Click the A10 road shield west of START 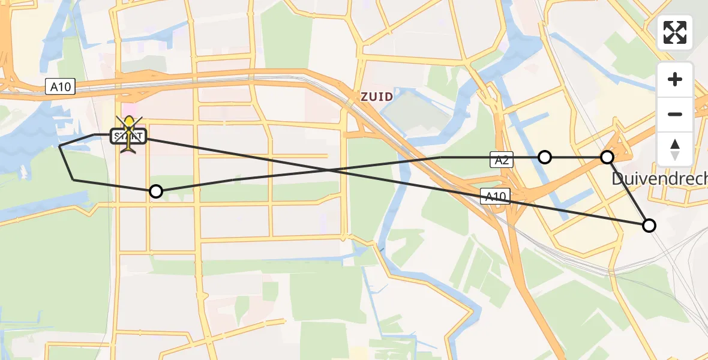tap(60, 87)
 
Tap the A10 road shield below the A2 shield tap(496, 196)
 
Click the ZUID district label tap(377, 97)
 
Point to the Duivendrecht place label tap(659, 179)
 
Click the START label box tap(128, 137)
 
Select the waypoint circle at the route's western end tap(156, 191)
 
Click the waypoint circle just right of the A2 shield tap(544, 157)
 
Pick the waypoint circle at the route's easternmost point tap(649, 226)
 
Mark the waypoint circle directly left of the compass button tap(607, 157)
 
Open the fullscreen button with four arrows tap(675, 32)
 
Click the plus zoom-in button tap(675, 79)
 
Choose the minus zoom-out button tap(675, 114)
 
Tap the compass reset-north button tap(675, 149)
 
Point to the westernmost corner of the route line tap(59, 146)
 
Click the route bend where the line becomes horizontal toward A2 tap(441, 157)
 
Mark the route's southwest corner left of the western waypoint tap(73, 179)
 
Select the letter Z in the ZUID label tap(364, 97)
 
